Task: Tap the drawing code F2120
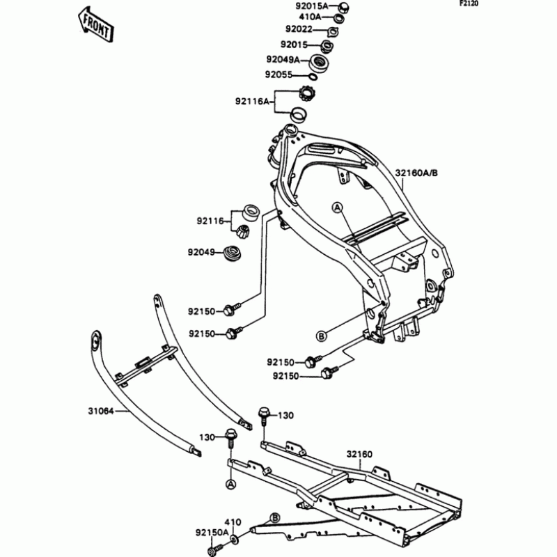click(538, 4)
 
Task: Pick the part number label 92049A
click(282, 60)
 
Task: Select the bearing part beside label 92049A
click(320, 61)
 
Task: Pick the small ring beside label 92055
click(309, 75)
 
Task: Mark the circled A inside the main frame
click(337, 207)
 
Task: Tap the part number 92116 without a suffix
click(208, 222)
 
